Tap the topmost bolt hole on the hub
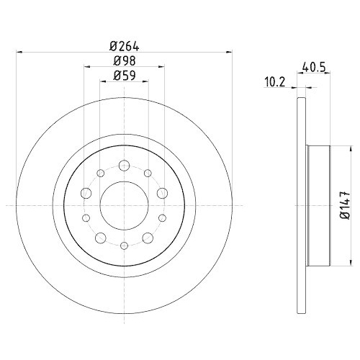[124, 166]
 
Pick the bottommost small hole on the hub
[124, 246]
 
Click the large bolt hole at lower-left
[99, 238]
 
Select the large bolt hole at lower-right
[148, 238]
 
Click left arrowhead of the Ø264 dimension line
[17, 51]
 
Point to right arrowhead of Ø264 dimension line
[230, 51]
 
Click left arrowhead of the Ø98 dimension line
[86, 66]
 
